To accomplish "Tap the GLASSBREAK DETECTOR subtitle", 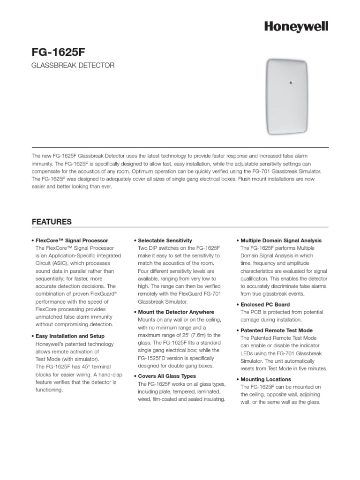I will coord(73,66).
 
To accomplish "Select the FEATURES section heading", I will coord(51,221).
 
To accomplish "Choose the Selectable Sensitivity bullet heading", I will coord(165,240).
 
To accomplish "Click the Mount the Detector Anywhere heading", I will coord(176,312).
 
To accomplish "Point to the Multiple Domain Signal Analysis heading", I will coord(281,240).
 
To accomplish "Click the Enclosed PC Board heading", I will coord(263,304).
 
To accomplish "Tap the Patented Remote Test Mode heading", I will coord(276,330).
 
